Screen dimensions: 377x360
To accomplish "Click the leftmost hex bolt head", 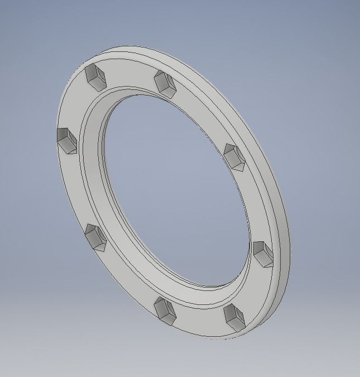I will click(x=66, y=140).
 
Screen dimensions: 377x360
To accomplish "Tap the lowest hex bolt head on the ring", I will click(x=234, y=316).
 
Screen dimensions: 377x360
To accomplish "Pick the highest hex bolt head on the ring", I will click(x=95, y=77).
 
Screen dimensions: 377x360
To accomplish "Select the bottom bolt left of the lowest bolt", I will click(x=165, y=310).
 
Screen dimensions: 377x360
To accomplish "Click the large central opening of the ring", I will click(x=173, y=190).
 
